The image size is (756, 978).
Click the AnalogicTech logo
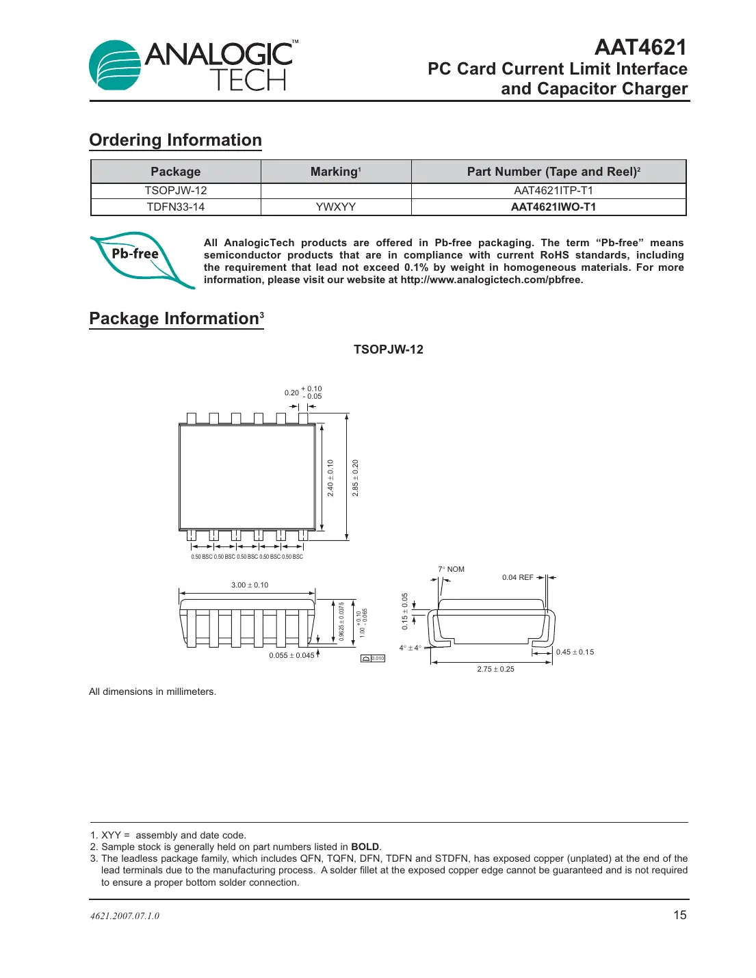point(194,65)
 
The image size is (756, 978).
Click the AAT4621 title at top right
point(640,47)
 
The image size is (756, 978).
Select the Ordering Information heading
point(175,140)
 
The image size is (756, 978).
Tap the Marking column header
point(335,172)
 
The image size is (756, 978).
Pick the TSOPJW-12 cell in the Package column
point(175,191)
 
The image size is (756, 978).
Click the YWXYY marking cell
point(335,207)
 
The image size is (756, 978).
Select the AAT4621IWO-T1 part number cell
point(553,207)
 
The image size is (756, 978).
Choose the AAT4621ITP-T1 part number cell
point(553,191)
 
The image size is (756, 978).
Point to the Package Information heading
point(176,319)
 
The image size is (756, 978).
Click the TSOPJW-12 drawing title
point(388,349)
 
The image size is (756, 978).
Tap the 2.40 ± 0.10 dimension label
point(330,477)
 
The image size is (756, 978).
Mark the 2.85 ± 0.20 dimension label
point(355,477)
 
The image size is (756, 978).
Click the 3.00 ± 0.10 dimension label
point(250,585)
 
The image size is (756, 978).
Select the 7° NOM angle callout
point(451,569)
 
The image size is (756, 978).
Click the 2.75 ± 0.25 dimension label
point(495,670)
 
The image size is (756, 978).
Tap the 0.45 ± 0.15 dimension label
point(575,652)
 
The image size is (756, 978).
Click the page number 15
point(679,915)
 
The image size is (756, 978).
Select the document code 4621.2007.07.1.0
point(125,916)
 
